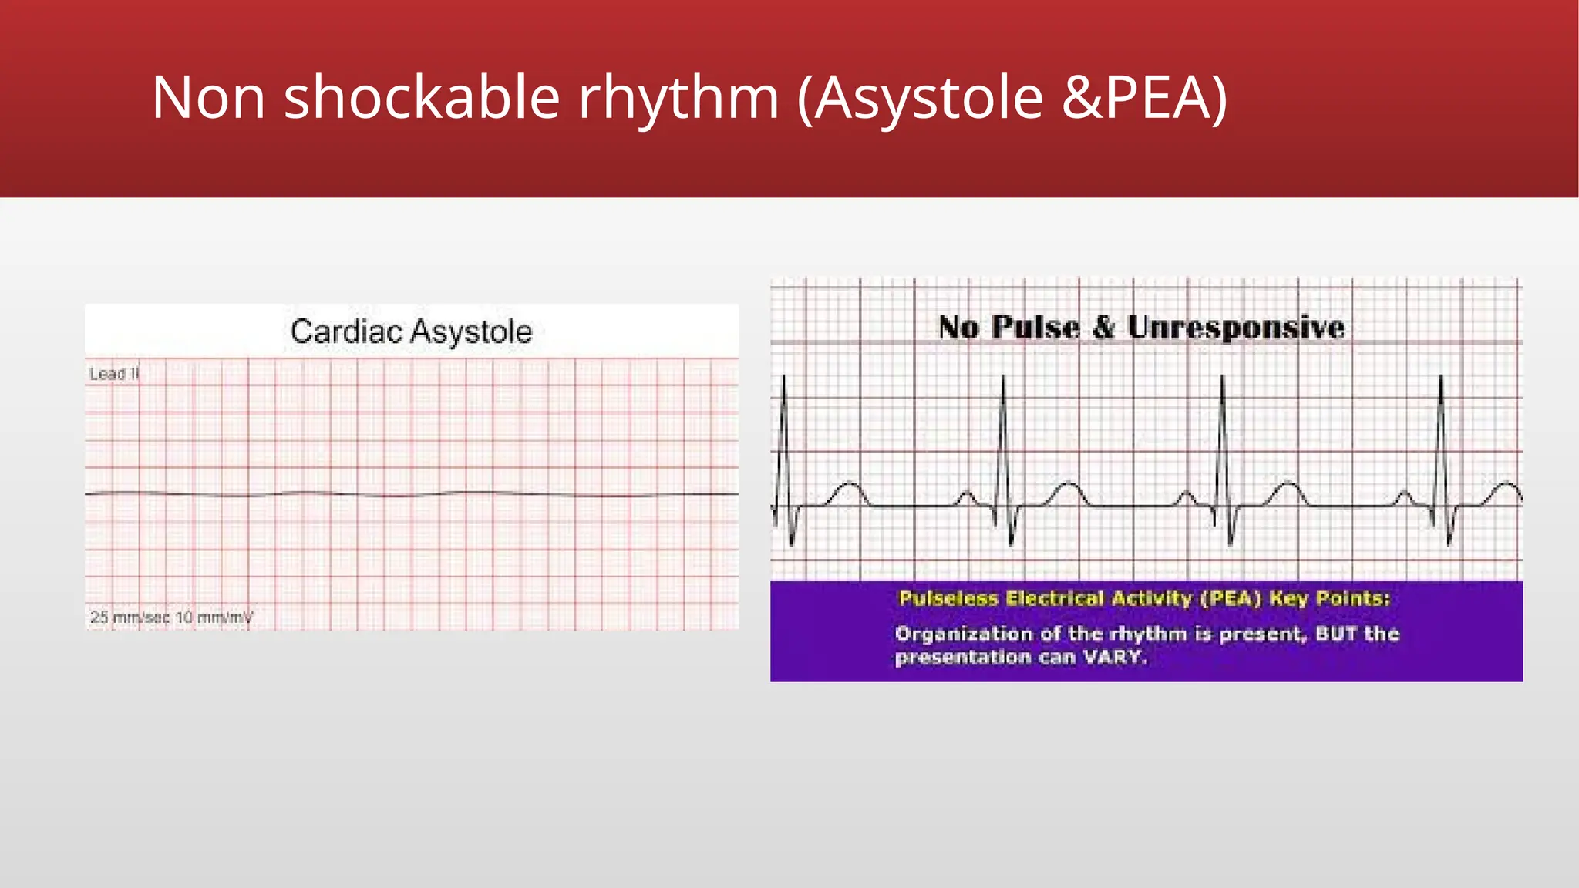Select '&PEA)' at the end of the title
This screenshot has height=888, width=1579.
pyautogui.click(x=1144, y=98)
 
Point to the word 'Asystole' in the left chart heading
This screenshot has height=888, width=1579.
pyautogui.click(x=471, y=332)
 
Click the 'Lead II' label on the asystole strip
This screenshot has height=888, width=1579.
pyautogui.click(x=113, y=374)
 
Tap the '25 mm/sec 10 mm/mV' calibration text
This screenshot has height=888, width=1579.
pyautogui.click(x=171, y=617)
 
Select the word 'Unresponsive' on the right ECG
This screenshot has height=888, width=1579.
pyautogui.click(x=1236, y=328)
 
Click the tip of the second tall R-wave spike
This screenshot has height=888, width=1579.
pyautogui.click(x=1003, y=378)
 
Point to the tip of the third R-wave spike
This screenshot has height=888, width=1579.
pyautogui.click(x=1222, y=378)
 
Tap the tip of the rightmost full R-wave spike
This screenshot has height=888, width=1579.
pyautogui.click(x=1440, y=378)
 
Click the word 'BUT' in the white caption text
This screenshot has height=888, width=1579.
pyautogui.click(x=1336, y=634)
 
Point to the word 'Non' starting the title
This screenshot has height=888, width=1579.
pyautogui.click(x=208, y=98)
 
